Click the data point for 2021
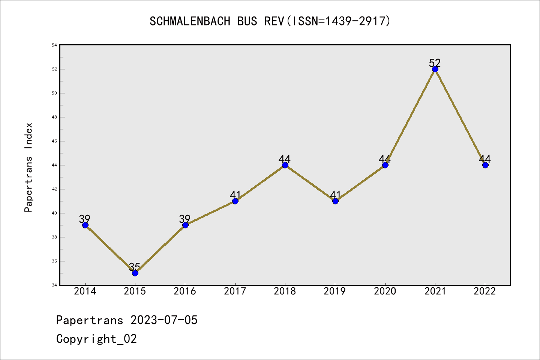pos(435,69)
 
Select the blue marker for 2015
pos(135,273)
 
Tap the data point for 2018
pos(285,165)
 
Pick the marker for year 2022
pos(485,165)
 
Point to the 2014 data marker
pos(85,225)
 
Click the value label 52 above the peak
pos(435,63)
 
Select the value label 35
pos(135,267)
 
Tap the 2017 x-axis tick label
pos(235,291)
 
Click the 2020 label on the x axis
pos(385,291)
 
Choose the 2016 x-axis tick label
pos(185,291)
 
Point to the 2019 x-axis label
pos(335,291)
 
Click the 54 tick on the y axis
pos(54,45)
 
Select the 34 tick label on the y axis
pos(54,285)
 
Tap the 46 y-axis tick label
pos(54,141)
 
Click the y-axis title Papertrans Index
pos(29,167)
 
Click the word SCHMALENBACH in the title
pos(190,21)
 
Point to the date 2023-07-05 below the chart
pos(164,320)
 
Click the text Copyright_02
pos(97,339)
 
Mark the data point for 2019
pos(335,201)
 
